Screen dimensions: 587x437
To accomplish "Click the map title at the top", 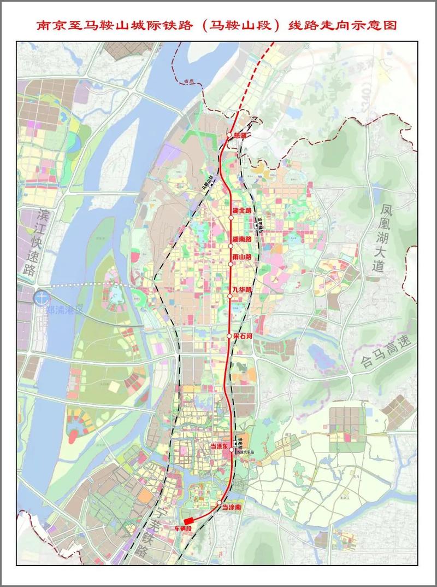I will coord(218,25).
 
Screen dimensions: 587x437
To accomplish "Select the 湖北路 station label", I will coord(241,211).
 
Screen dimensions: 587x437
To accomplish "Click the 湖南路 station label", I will coord(241,240).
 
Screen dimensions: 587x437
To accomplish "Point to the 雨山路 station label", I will coord(241,257).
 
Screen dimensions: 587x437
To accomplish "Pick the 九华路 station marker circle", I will coord(231,296).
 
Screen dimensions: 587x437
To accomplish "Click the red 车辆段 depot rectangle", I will coord(188,521).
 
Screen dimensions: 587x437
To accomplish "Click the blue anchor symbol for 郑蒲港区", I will coord(39,298).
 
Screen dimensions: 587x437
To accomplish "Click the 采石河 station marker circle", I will coord(229,335).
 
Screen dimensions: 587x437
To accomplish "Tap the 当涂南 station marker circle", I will coord(219,502).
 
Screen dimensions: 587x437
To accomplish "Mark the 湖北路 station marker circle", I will coord(231,217).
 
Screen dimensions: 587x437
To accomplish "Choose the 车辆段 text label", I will coord(184,529).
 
